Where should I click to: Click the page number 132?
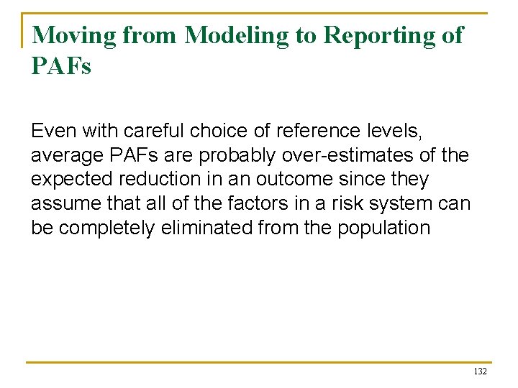point(480,371)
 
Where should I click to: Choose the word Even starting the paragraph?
point(54,131)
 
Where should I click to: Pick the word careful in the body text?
point(150,131)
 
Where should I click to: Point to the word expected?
point(71,180)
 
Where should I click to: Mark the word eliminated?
point(227,228)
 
